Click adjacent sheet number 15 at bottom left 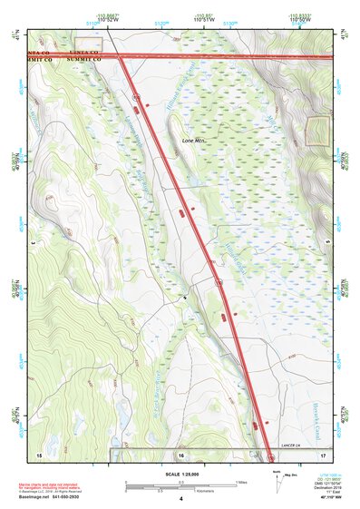coord(39,453)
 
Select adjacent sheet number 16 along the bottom coord(181,453)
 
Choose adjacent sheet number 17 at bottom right coord(324,453)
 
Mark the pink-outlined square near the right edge coord(316,132)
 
